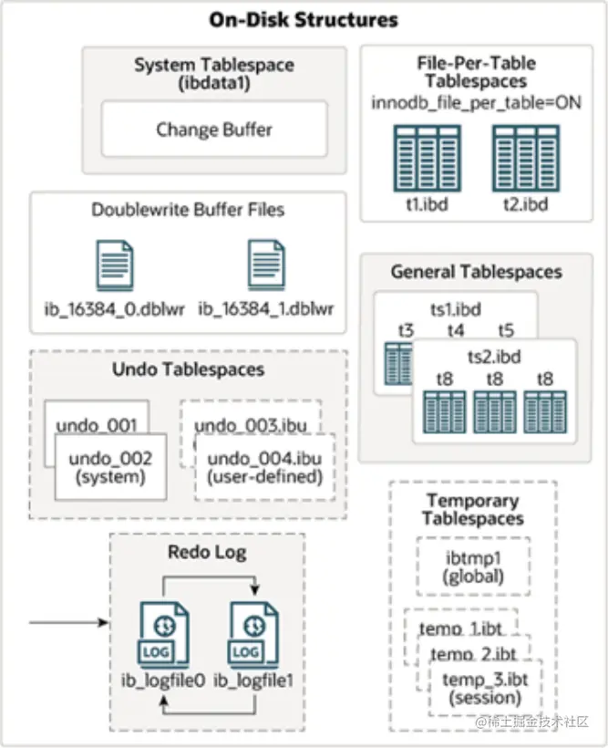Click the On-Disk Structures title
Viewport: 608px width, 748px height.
point(304,18)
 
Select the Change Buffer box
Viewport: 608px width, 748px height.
point(214,130)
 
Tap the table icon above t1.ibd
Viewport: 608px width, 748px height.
point(425,158)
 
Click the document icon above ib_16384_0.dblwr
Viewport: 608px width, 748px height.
point(116,265)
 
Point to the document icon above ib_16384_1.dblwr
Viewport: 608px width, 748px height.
point(267,265)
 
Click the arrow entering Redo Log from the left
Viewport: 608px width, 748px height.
point(68,623)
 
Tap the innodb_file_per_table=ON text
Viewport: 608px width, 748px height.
point(476,102)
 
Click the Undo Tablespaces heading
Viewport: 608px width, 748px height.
point(189,369)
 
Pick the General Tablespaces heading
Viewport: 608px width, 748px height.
point(476,272)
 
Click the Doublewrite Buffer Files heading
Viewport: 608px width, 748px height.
point(188,210)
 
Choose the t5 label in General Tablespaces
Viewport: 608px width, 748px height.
point(506,330)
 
